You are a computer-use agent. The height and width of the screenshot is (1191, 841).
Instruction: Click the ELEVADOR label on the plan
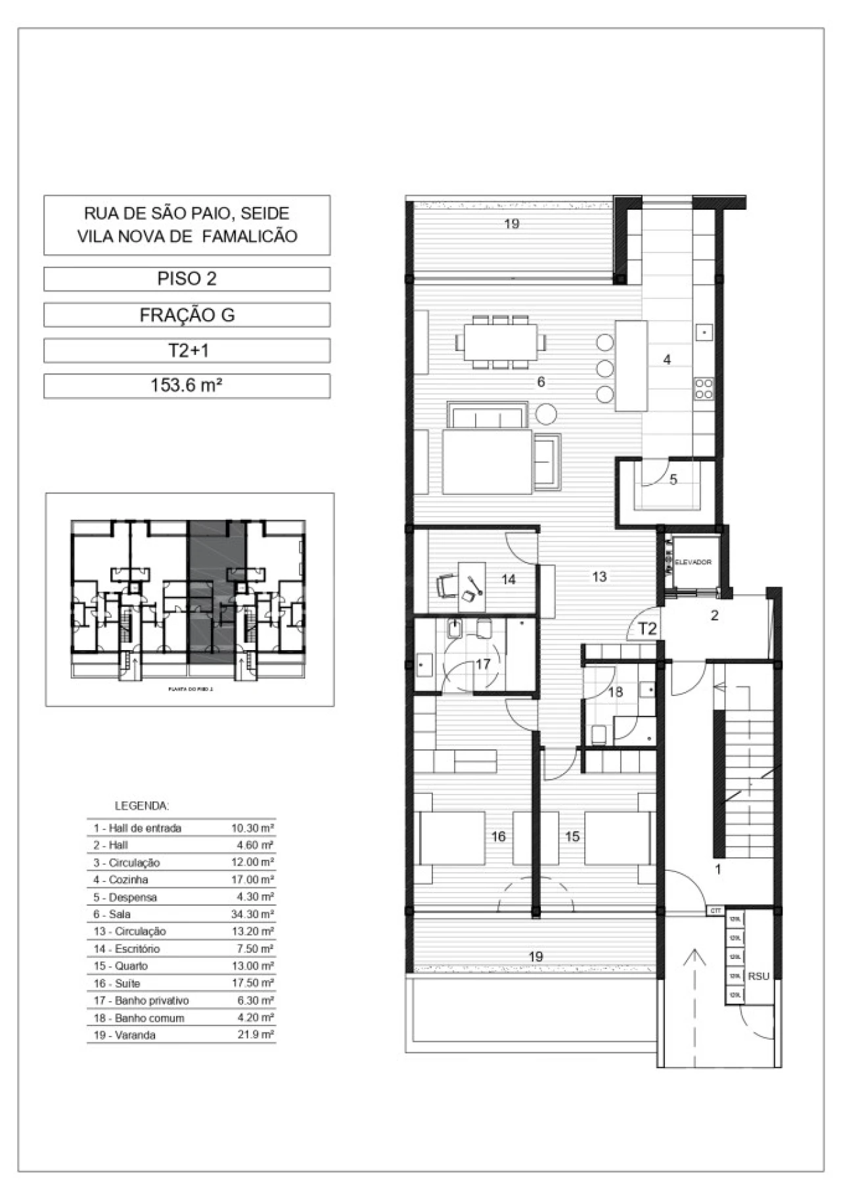pos(693,562)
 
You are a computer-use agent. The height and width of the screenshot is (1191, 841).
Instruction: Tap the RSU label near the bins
pos(758,976)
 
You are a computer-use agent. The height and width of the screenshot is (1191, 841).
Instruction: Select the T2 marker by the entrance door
pos(648,628)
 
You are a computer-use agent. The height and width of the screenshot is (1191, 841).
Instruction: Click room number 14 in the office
pos(508,579)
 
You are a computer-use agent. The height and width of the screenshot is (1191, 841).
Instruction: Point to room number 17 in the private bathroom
pos(483,664)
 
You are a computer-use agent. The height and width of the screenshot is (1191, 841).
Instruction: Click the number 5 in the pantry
pos(673,480)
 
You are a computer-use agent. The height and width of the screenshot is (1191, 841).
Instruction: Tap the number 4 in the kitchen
pos(667,360)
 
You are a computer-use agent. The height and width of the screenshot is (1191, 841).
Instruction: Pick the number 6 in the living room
pos(541,381)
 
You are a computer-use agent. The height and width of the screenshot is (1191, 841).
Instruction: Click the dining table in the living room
pos(501,342)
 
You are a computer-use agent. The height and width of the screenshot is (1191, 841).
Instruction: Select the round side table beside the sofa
pos(546,414)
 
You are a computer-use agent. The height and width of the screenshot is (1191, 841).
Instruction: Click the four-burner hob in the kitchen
pos(704,388)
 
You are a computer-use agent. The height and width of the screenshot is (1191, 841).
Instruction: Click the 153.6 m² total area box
pos(187,386)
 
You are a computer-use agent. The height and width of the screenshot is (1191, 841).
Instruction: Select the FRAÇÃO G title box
pos(187,315)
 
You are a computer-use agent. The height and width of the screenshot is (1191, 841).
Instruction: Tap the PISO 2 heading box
pos(187,279)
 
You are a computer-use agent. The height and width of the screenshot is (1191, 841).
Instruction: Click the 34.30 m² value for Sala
pos(252,914)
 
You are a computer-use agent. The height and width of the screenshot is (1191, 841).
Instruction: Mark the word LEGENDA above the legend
pos(142,806)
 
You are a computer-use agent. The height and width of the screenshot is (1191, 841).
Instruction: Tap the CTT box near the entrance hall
pos(716,911)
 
